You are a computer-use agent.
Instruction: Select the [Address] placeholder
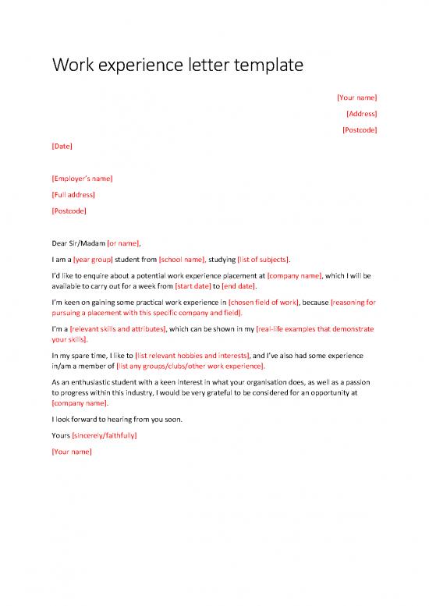361,114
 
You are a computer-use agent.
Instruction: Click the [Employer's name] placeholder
82,179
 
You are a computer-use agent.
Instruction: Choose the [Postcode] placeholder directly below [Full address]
69,211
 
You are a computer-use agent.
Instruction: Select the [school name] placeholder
183,259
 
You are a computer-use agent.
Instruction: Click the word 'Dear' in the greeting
60,243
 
